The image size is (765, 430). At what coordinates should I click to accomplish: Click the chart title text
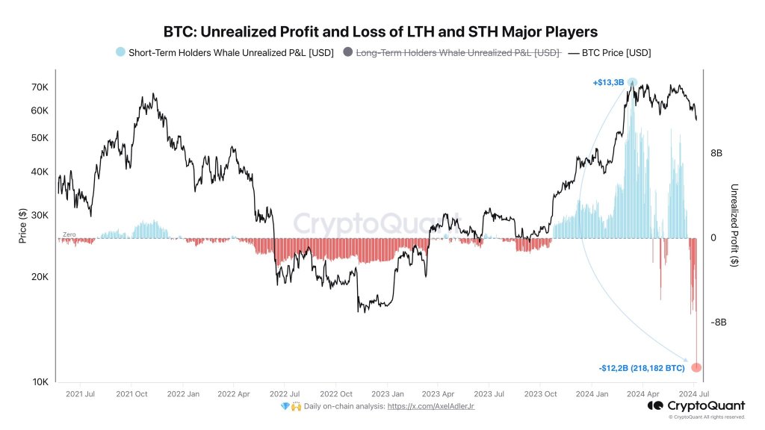[381, 32]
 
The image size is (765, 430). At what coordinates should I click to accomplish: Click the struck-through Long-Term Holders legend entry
[451, 52]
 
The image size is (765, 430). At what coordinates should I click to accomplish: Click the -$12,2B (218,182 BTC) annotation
[641, 368]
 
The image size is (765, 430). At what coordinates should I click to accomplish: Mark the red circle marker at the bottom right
[696, 367]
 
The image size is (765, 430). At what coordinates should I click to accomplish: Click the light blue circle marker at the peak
[632, 82]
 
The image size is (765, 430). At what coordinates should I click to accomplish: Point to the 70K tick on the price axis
[39, 87]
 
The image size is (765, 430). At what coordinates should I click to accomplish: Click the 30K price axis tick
[39, 215]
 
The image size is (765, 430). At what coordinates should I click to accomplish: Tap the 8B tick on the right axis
[716, 153]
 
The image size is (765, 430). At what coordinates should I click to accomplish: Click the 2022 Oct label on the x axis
[336, 393]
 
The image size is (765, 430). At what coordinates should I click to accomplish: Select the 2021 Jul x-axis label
[80, 393]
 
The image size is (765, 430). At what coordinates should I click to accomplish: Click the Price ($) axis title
[22, 226]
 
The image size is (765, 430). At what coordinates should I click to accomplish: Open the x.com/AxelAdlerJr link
[430, 406]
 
